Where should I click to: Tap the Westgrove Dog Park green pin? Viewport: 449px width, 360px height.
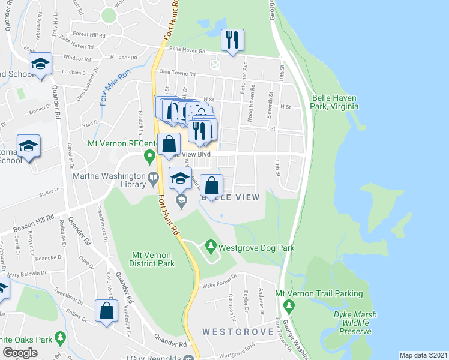pos(210,245)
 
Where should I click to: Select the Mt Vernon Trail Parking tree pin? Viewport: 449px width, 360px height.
pos(289,307)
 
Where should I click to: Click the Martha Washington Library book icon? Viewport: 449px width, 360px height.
pos(153,176)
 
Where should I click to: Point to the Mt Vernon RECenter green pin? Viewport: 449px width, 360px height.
pos(149,157)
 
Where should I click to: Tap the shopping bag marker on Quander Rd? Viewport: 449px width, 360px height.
pos(106,311)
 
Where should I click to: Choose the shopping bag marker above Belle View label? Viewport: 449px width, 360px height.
pos(211,185)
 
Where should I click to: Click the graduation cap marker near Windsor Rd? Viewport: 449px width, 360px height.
pos(40,65)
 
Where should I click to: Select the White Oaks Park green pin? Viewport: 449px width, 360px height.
pos(59,338)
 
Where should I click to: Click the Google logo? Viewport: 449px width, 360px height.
pos(20,353)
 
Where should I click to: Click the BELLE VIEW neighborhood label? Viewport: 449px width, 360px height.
pos(231,198)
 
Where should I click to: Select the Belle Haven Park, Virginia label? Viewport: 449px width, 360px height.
pos(335,102)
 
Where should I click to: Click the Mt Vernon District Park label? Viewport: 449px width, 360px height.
pos(152,259)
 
